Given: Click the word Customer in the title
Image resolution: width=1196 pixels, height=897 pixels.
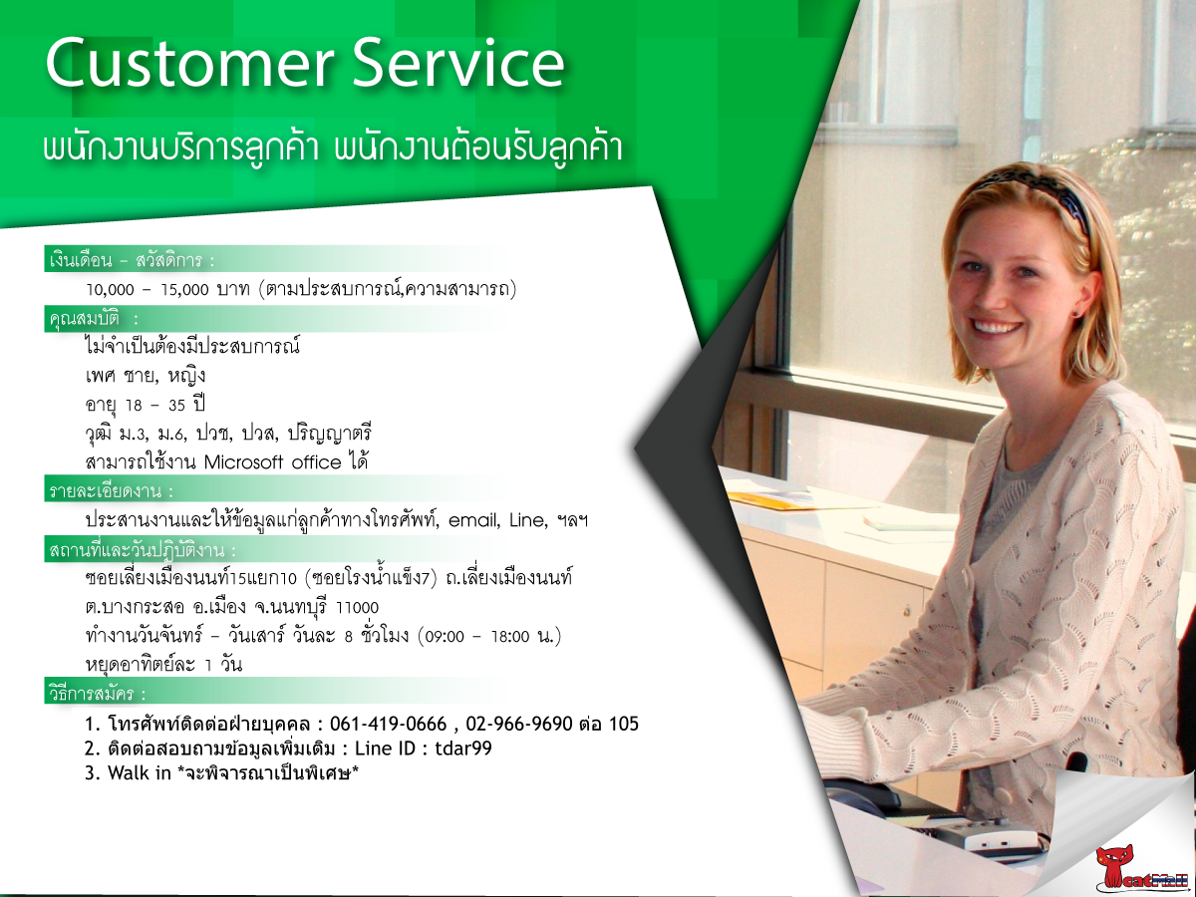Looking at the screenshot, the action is pyautogui.click(x=189, y=63).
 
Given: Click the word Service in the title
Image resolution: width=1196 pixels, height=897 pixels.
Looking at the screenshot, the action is pyautogui.click(x=458, y=63).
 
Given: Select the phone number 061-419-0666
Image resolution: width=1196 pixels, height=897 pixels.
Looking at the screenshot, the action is pyautogui.click(x=388, y=724).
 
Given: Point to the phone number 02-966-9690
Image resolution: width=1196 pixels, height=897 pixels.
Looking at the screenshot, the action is pyautogui.click(x=519, y=724).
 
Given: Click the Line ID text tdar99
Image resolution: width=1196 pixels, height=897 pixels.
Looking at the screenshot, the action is pyautogui.click(x=463, y=748).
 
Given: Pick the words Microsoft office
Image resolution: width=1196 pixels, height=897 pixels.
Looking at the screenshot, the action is pyautogui.click(x=272, y=462).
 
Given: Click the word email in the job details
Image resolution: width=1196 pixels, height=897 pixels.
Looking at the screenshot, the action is pyautogui.click(x=473, y=520).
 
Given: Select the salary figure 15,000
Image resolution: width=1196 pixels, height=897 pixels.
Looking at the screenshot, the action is pyautogui.click(x=184, y=290).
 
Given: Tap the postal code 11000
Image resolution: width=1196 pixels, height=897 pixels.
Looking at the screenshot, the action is pyautogui.click(x=357, y=608).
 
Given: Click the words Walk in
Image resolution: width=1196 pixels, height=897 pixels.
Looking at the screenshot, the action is pyautogui.click(x=139, y=772).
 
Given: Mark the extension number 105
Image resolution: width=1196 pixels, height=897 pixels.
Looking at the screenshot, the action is pyautogui.click(x=623, y=724).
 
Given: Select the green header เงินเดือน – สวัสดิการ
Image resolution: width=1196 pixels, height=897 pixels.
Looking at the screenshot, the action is pyautogui.click(x=132, y=260).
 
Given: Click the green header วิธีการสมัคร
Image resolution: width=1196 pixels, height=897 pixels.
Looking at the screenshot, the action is pyautogui.click(x=98, y=694).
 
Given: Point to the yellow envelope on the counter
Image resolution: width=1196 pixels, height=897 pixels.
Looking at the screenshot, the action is pyautogui.click(x=773, y=499).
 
